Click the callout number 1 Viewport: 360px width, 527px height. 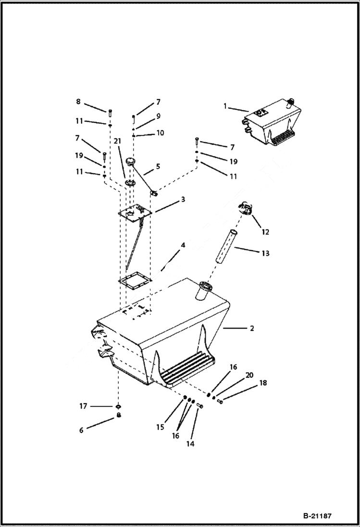click(x=224, y=106)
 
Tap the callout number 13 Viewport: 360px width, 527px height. click(x=265, y=253)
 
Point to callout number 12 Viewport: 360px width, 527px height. click(x=265, y=232)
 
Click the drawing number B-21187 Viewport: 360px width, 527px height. click(x=317, y=516)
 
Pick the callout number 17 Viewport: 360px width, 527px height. click(x=83, y=406)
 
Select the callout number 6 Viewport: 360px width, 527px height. click(x=81, y=430)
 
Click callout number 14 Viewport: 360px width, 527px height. click(x=190, y=444)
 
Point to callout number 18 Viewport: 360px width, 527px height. click(x=262, y=383)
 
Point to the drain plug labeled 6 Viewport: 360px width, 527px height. click(x=118, y=416)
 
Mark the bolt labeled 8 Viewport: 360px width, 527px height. click(x=110, y=113)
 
